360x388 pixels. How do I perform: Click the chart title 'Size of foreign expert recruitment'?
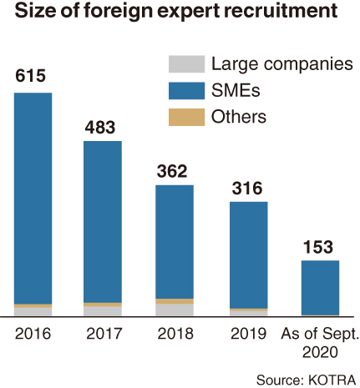(x=176, y=11)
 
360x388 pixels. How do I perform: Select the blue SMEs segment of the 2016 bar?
(x=33, y=199)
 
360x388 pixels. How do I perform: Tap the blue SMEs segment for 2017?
(x=103, y=222)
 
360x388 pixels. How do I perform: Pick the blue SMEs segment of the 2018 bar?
(x=175, y=242)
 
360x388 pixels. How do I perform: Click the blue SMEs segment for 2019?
(x=249, y=255)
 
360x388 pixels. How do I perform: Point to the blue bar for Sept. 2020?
(x=320, y=288)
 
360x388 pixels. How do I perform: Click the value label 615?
(x=30, y=76)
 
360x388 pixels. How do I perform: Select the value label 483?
(x=100, y=128)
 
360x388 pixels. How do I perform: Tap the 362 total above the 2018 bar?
(x=172, y=171)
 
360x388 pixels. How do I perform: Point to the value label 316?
(x=247, y=188)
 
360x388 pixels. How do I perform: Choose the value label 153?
(x=318, y=247)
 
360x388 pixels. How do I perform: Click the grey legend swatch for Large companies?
(x=186, y=64)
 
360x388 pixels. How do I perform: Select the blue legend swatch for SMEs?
(x=186, y=91)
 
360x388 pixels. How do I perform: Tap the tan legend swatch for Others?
(x=186, y=117)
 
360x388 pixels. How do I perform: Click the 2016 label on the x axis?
(x=33, y=333)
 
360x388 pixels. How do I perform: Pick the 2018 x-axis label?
(x=175, y=333)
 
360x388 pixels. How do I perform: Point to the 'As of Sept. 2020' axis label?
(x=320, y=343)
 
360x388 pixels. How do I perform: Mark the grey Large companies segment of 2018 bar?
(x=175, y=310)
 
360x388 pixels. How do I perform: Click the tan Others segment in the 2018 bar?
(x=175, y=301)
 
